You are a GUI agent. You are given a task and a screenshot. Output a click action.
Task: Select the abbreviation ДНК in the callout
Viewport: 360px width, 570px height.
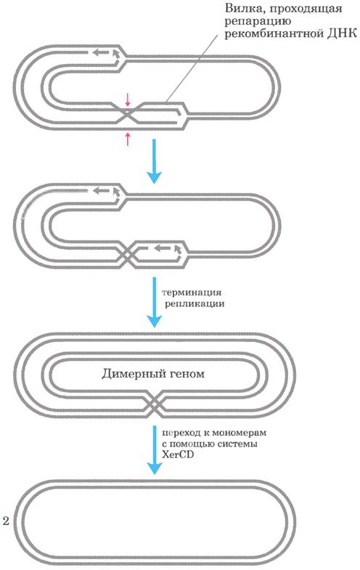342,33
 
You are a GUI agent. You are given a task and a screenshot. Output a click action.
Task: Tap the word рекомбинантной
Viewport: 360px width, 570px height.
274,34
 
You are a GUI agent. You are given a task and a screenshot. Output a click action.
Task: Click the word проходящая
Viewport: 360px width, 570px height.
306,9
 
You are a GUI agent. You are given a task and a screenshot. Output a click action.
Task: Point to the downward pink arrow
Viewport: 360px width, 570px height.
127,99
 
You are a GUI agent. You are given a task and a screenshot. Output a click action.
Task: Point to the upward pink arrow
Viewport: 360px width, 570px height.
128,139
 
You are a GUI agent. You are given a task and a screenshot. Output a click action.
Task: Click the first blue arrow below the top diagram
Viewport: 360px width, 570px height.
154,161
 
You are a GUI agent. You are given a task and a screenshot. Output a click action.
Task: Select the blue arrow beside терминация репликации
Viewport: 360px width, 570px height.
154,302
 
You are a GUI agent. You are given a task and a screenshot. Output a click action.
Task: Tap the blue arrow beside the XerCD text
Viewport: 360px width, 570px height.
155,449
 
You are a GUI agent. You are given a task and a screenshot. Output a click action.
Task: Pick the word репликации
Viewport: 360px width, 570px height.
195,304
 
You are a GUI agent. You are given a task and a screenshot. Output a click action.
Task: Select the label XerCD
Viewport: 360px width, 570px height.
177,455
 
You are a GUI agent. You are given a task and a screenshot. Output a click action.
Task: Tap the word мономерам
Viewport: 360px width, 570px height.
239,433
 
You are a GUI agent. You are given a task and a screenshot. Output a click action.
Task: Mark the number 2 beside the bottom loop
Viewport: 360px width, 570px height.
6,521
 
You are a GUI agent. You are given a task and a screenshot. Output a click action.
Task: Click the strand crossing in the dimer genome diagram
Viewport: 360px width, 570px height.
155,404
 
